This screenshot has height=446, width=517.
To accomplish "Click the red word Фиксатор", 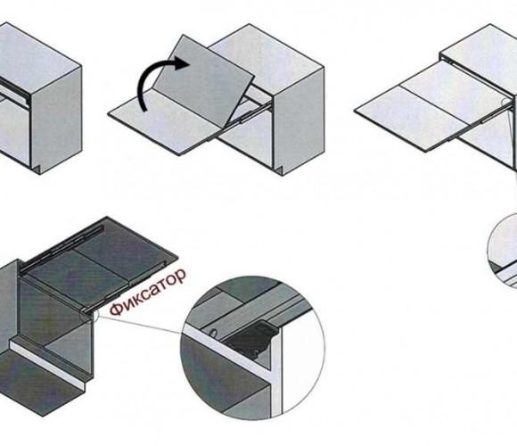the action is click(148, 292).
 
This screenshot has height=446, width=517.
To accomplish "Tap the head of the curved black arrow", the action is click(183, 62).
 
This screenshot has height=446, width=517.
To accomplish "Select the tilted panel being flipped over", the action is click(204, 81).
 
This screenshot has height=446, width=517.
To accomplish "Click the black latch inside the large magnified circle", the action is click(253, 339).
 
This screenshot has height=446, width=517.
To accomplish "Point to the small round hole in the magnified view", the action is click(214, 333).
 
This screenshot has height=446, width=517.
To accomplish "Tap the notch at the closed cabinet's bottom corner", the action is click(37, 169).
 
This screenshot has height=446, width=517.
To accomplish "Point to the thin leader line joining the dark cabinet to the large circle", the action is click(140, 324).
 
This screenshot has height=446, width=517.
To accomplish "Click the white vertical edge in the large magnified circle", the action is click(277, 369).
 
